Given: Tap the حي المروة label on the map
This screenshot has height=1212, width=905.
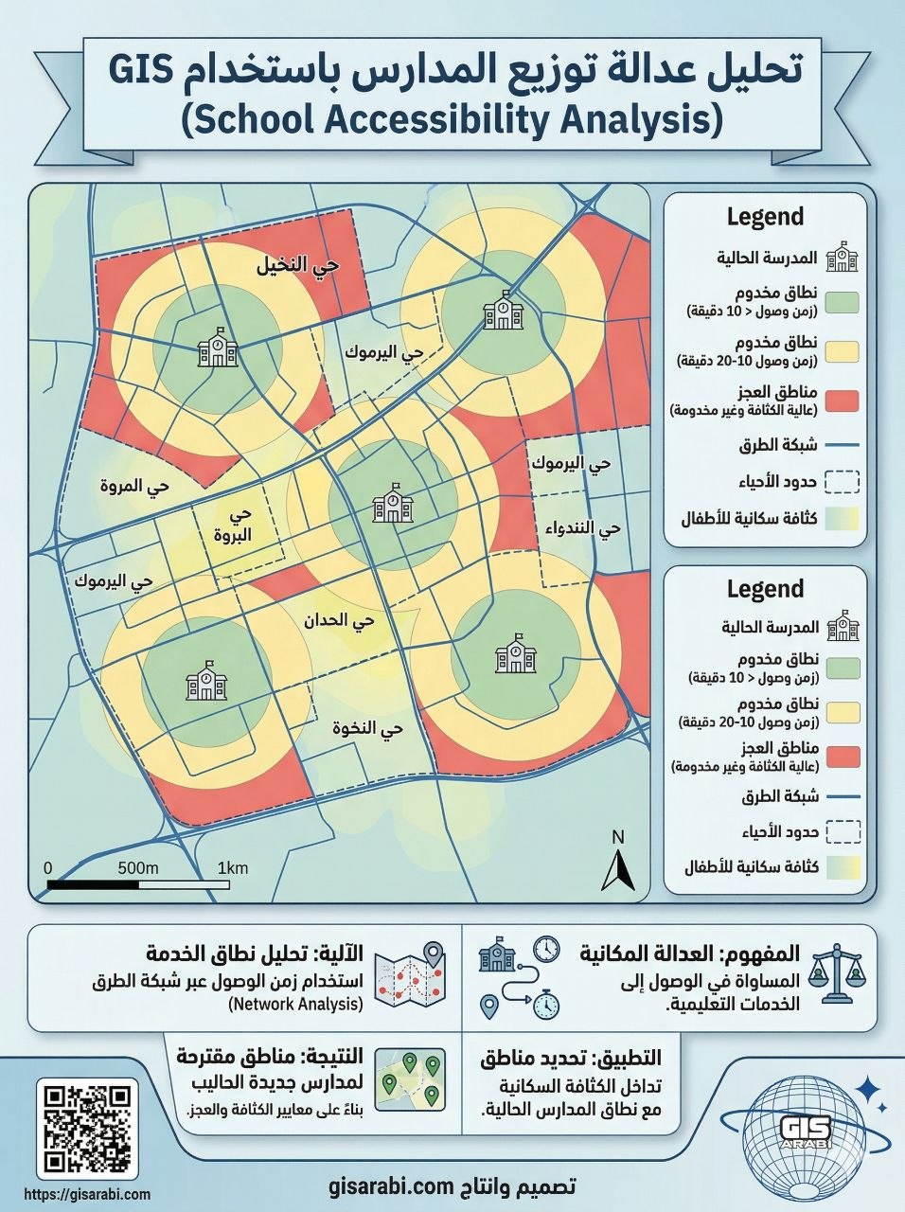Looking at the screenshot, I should pyautogui.click(x=134, y=486).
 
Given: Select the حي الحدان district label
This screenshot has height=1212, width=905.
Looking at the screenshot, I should pyautogui.click(x=338, y=621).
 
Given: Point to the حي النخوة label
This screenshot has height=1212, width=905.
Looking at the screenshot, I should pyautogui.click(x=367, y=728).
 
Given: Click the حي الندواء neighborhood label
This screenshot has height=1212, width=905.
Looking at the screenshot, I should pyautogui.click(x=583, y=527).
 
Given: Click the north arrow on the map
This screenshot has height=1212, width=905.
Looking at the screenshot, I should pyautogui.click(x=618, y=863).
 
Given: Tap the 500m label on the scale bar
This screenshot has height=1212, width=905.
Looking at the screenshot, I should pyautogui.click(x=138, y=868).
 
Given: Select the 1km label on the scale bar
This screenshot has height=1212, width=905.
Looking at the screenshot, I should pyautogui.click(x=232, y=868).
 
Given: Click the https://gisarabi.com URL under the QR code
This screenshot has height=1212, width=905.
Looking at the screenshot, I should pyautogui.click(x=86, y=1195).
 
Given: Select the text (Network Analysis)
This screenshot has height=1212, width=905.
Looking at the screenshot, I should pyautogui.click(x=294, y=1004).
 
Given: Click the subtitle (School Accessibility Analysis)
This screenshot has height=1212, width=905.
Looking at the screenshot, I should pyautogui.click(x=452, y=120).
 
